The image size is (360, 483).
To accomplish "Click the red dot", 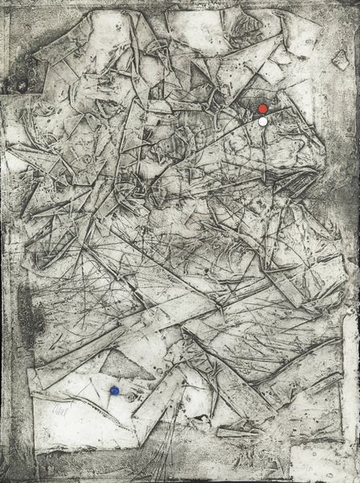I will [262, 109].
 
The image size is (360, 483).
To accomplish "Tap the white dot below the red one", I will [263, 122].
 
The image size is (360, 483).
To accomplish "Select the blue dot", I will [114, 390].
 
